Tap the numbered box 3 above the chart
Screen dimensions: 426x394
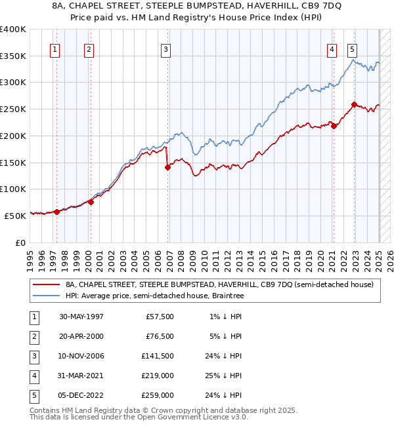pos(165,48)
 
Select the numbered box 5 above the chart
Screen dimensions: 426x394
pos(353,48)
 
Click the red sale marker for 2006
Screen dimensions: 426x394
pos(167,167)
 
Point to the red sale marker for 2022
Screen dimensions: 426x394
pos(354,104)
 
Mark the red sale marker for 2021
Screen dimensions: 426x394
pos(334,126)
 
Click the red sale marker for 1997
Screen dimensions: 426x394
pos(57,211)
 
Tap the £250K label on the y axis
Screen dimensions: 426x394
pos(13,109)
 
